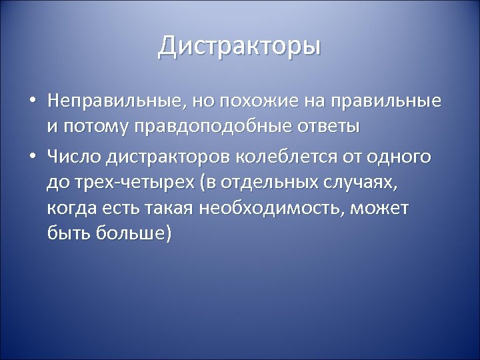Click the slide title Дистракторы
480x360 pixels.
(x=240, y=47)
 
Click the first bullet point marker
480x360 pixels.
(x=33, y=102)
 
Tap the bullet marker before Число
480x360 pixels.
(x=33, y=157)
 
